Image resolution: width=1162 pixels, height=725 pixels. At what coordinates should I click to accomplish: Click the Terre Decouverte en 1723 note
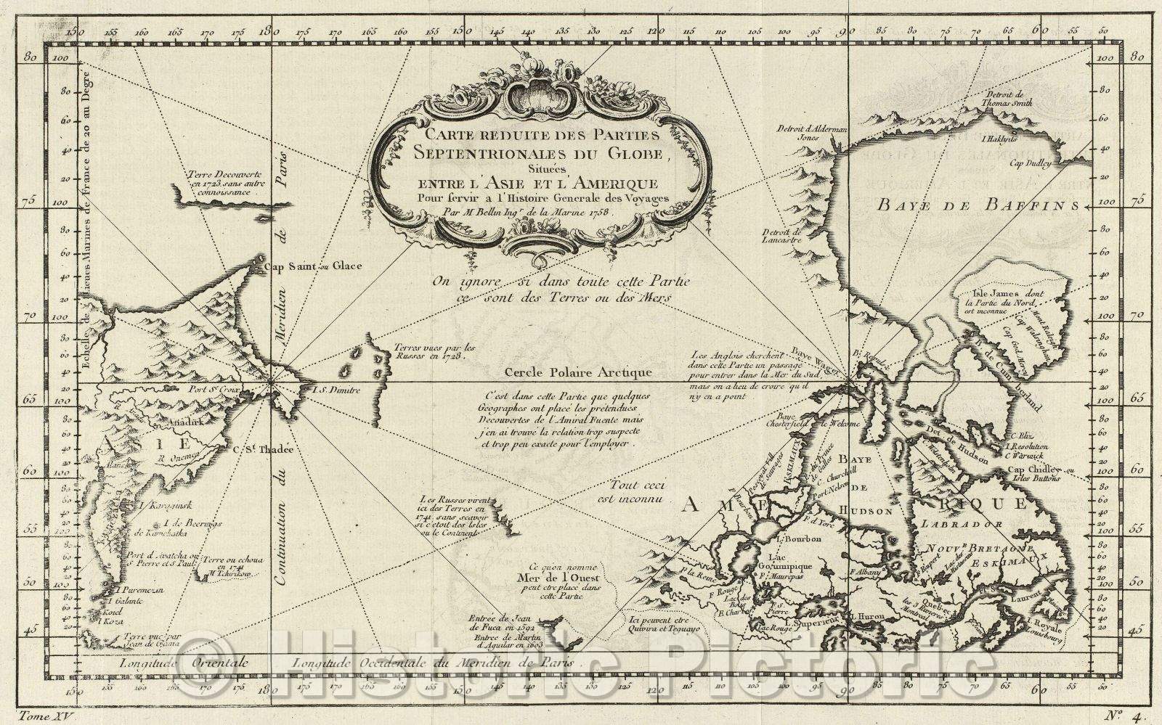(217, 184)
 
